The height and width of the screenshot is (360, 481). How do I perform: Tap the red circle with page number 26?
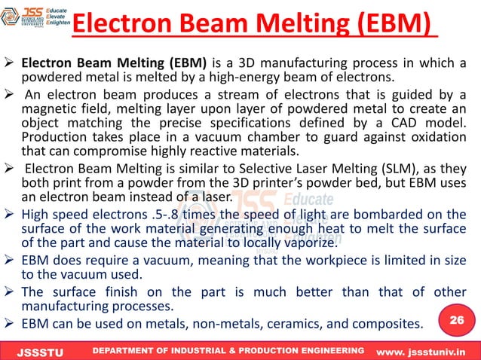[455, 320]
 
